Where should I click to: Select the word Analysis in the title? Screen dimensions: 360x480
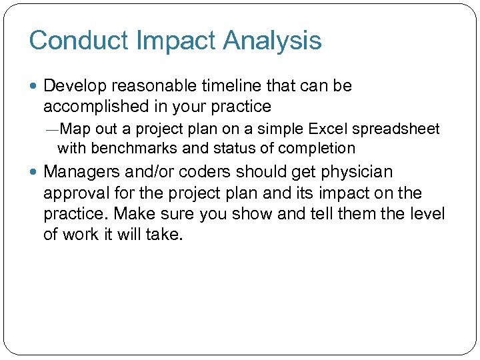(x=273, y=41)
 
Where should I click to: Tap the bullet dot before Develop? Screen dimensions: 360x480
(x=35, y=87)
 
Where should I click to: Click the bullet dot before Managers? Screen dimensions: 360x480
(x=35, y=172)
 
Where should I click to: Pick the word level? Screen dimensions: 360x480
(x=427, y=214)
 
